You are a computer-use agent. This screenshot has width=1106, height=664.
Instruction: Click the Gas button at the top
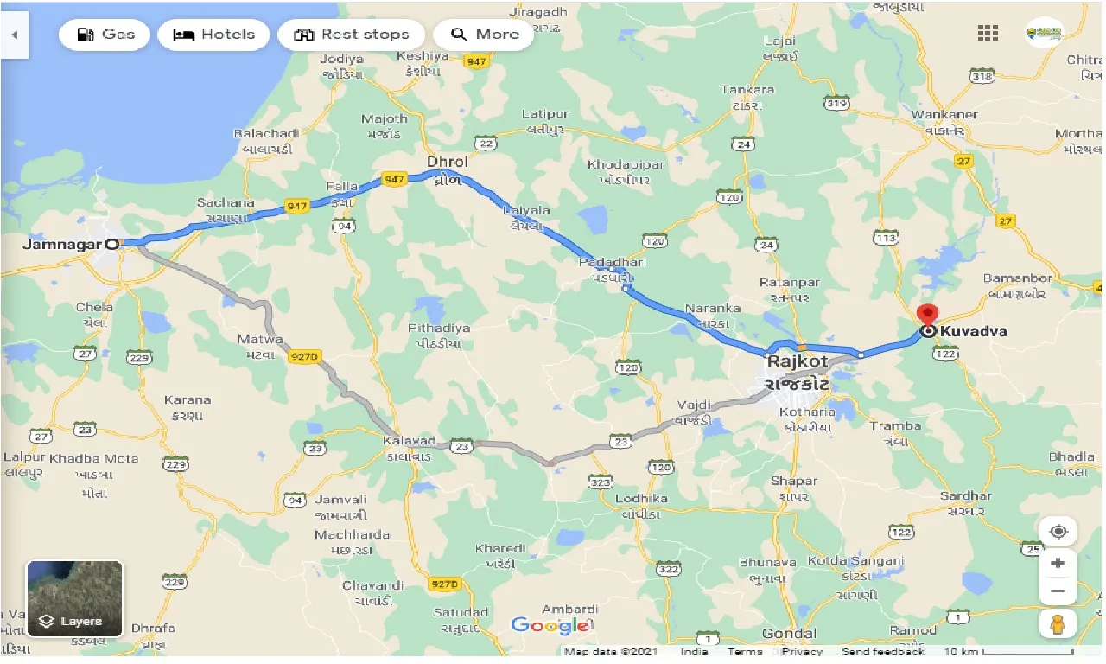pos(105,35)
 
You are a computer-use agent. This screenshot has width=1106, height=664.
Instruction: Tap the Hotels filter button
pos(213,35)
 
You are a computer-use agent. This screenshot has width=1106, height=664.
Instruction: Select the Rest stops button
pos(351,35)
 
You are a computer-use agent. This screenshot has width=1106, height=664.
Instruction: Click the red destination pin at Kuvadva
pos(927,316)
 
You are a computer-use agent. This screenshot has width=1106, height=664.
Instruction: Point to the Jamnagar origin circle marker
pos(111,244)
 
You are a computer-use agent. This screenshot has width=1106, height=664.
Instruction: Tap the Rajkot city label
pos(796,361)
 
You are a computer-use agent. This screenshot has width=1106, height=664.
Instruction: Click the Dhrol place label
pos(447,162)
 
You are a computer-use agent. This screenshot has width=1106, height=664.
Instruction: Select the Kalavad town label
pos(409,441)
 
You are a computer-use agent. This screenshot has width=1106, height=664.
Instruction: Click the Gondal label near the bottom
pos(790,634)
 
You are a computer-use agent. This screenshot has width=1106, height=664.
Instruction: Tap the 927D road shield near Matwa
pos(304,357)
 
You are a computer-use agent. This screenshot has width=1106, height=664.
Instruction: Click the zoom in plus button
pos(1058,563)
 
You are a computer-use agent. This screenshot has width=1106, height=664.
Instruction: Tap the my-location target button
pos(1058,530)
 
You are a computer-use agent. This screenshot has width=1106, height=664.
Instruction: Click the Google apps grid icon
pos(988,33)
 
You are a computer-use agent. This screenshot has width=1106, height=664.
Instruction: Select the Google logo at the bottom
pos(550,624)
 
